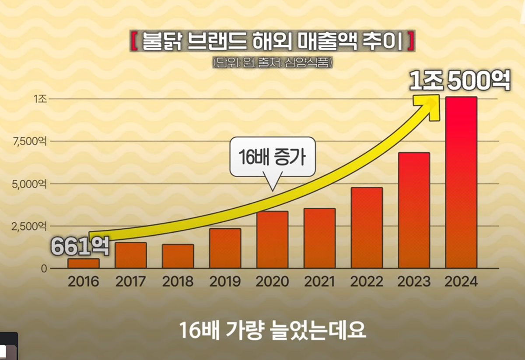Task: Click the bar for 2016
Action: point(83,263)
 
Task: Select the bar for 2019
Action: point(225,248)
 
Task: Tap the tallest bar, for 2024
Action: point(461,184)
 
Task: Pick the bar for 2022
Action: point(367,227)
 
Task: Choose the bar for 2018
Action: point(178,256)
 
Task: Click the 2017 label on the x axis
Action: point(130,281)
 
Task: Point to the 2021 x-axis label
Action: point(319,281)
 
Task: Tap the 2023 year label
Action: point(414,281)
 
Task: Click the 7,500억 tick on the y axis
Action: point(28,141)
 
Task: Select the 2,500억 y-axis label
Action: point(28,226)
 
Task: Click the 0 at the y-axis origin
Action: point(44,268)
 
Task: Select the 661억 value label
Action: point(80,246)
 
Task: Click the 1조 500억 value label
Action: point(460,82)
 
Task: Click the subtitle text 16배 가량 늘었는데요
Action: point(272,331)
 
